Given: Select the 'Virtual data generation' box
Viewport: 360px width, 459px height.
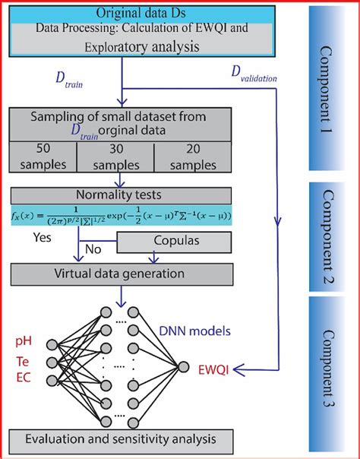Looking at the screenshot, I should point(119,272).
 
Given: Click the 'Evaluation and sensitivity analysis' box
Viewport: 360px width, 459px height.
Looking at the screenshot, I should point(119,440).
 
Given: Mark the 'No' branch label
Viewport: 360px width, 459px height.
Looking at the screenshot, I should point(93,248).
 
